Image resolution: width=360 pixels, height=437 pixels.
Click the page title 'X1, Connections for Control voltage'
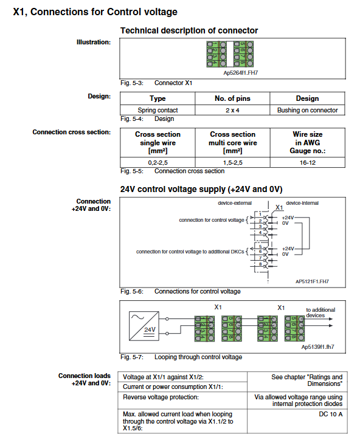pyautogui.click(x=95, y=12)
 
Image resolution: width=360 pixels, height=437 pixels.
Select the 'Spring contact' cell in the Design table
pyautogui.click(x=157, y=110)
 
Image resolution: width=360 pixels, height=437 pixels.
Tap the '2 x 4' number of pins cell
pyautogui.click(x=232, y=110)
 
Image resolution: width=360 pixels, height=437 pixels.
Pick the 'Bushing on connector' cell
pyautogui.click(x=307, y=110)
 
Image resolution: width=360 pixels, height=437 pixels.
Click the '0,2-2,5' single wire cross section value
pyautogui.click(x=157, y=162)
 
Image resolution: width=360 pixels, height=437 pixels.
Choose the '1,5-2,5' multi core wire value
pyautogui.click(x=232, y=162)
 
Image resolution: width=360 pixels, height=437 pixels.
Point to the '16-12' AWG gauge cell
pyautogui.click(x=308, y=162)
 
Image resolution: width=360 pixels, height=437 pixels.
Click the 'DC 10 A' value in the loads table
pyautogui.click(x=330, y=414)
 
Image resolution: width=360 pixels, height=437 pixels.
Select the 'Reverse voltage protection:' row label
pyautogui.click(x=161, y=397)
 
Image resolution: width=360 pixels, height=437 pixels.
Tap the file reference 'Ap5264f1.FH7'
pyautogui.click(x=241, y=73)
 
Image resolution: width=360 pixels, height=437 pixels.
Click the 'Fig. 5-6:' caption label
pyautogui.click(x=132, y=291)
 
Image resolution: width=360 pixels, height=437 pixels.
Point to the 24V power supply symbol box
pyautogui.click(x=144, y=326)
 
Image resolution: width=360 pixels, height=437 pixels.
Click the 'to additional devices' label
pyautogui.click(x=320, y=312)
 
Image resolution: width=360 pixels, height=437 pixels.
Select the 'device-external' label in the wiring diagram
pyautogui.click(x=235, y=203)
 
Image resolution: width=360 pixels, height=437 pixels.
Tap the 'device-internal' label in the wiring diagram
pyautogui.click(x=302, y=203)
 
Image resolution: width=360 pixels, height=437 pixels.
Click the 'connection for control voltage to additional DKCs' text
pyautogui.click(x=190, y=252)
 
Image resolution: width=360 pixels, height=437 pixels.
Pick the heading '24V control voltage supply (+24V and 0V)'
pyautogui.click(x=201, y=189)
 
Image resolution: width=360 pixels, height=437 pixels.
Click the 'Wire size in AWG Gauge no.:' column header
pyautogui.click(x=308, y=142)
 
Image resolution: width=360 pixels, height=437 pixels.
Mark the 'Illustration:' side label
pyautogui.click(x=94, y=42)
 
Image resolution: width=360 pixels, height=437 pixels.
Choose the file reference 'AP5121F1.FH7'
pyautogui.click(x=312, y=281)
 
